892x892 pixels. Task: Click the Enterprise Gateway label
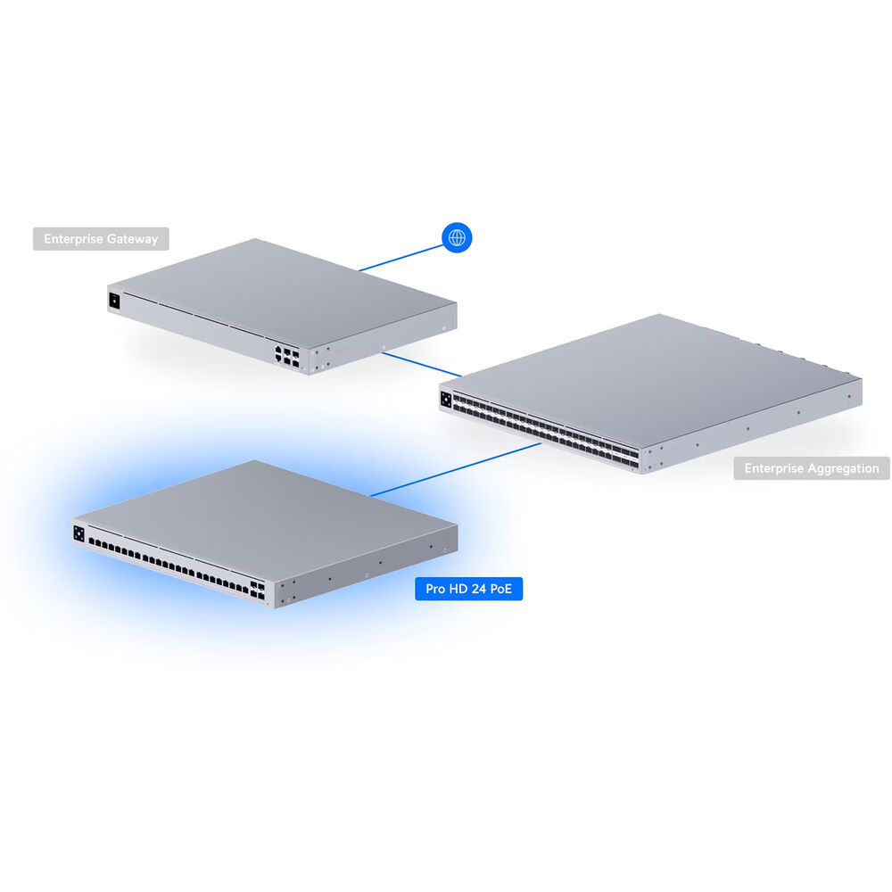tap(101, 239)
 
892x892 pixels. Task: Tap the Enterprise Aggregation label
tap(811, 468)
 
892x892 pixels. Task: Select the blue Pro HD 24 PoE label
tap(469, 589)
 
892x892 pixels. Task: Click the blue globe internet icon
tap(457, 237)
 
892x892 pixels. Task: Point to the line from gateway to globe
tap(401, 259)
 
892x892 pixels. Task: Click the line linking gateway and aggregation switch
tap(422, 365)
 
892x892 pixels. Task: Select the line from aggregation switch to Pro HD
tap(455, 470)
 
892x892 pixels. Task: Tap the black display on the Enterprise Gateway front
tap(114, 301)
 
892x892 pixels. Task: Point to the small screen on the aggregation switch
tap(446, 400)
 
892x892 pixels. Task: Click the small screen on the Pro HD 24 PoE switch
tap(78, 533)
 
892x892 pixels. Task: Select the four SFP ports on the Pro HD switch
tap(257, 591)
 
